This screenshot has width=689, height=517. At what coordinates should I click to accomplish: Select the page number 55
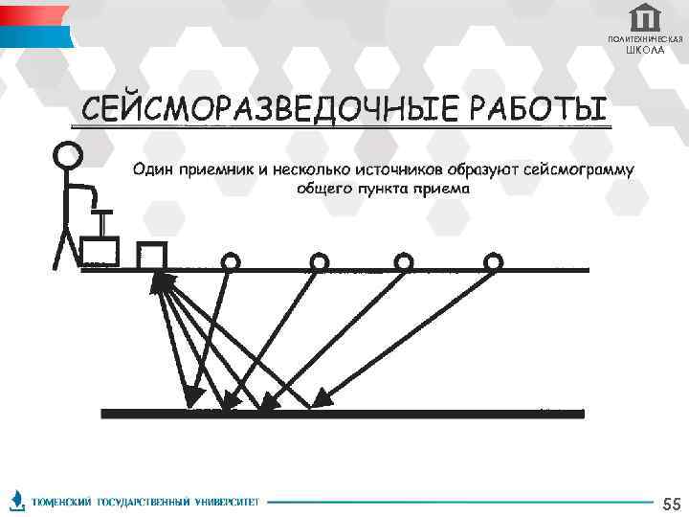click(x=671, y=504)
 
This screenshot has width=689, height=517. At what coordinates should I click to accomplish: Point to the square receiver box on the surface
click(x=152, y=256)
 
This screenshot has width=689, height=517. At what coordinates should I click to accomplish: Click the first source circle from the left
click(x=231, y=261)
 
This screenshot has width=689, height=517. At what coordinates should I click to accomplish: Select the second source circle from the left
click(x=319, y=261)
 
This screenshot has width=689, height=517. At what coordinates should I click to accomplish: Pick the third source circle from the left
click(x=404, y=261)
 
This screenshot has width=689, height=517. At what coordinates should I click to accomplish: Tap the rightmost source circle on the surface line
click(x=493, y=261)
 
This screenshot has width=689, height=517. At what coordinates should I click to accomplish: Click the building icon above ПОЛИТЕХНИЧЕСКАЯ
click(x=646, y=17)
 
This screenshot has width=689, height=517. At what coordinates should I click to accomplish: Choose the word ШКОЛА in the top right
click(x=645, y=50)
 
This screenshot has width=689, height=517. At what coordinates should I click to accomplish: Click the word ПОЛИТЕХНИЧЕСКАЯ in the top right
click(x=645, y=38)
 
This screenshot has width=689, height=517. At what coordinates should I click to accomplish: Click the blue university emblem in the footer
click(x=16, y=500)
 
